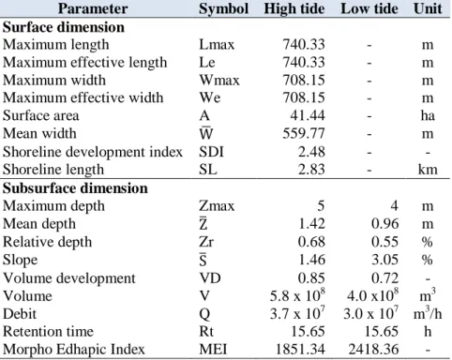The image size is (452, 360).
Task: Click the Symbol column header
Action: tap(224, 8)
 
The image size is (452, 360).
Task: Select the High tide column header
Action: tap(294, 8)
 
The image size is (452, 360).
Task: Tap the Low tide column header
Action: tap(369, 8)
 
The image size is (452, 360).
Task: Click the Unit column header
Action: tap(428, 8)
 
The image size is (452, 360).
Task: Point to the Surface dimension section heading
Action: tap(64, 27)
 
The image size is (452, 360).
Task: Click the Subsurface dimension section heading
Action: tap(75, 188)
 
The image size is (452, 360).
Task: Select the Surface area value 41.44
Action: tap(308, 115)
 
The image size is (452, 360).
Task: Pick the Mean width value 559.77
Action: tap(304, 133)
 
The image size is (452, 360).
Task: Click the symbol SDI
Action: tap(211, 152)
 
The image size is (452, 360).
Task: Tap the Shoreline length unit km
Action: tap(428, 170)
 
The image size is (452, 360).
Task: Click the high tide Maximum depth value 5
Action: tap(321, 206)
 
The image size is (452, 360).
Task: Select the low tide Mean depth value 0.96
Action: tap(384, 224)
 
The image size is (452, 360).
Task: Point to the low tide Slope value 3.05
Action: tap(384, 260)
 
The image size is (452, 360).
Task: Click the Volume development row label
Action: tap(69, 278)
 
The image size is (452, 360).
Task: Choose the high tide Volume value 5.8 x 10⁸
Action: tap(297, 295)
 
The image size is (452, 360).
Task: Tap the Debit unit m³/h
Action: tap(428, 313)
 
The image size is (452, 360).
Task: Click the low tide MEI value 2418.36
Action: tap(373, 350)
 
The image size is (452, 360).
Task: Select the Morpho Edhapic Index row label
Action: tap(74, 350)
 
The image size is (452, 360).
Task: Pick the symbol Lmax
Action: tap(217, 45)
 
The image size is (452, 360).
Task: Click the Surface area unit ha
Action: tap(428, 115)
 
